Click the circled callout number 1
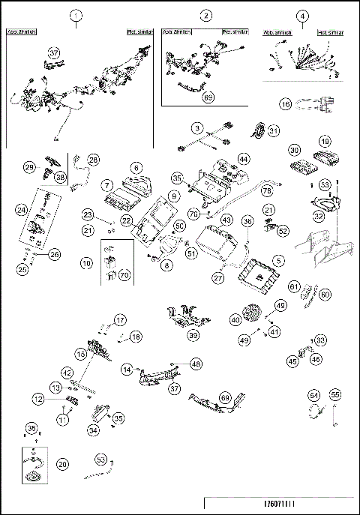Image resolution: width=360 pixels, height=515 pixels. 74,16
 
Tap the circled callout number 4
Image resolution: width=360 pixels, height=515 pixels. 302,16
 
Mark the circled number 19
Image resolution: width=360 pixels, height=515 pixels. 325,140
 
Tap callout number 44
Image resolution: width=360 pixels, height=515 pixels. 244,159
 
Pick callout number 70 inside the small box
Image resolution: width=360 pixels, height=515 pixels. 124,274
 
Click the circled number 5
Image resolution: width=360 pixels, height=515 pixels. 278,260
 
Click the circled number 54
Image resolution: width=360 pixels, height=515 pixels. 314,394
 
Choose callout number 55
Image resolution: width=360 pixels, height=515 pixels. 335,394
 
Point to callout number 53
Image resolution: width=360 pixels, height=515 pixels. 101,458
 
